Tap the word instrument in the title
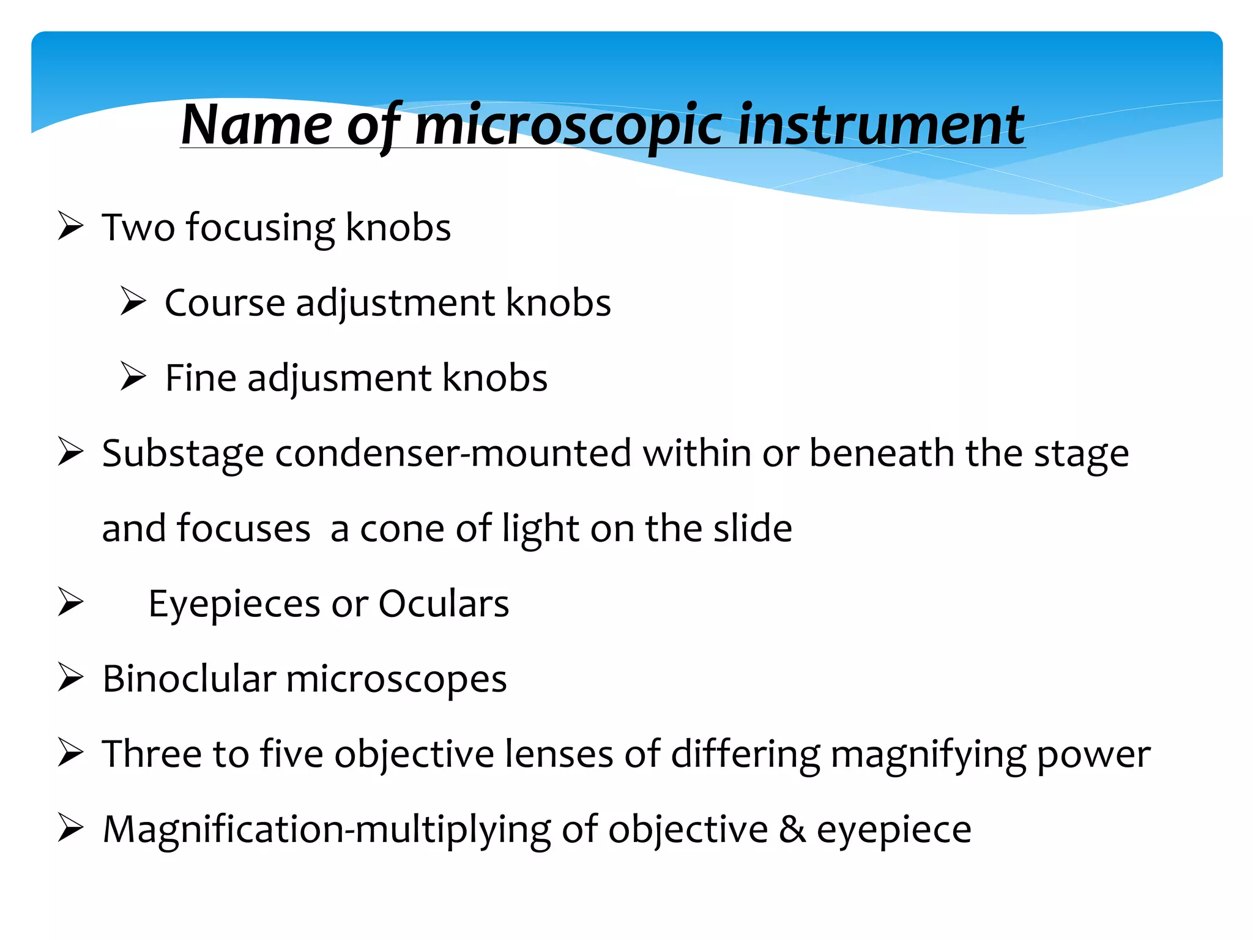pyautogui.click(x=881, y=125)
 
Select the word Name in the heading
pyautogui.click(x=257, y=125)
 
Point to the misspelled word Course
pyautogui.click(x=225, y=303)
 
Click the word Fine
pyautogui.click(x=201, y=378)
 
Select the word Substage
pyautogui.click(x=182, y=454)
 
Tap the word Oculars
pyautogui.click(x=444, y=604)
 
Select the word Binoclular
pyautogui.click(x=189, y=679)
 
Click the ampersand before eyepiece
pyautogui.click(x=792, y=830)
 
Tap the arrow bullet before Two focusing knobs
pyautogui.click(x=70, y=226)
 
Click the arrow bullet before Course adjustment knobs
pyautogui.click(x=133, y=302)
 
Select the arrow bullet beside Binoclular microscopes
pyautogui.click(x=70, y=678)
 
